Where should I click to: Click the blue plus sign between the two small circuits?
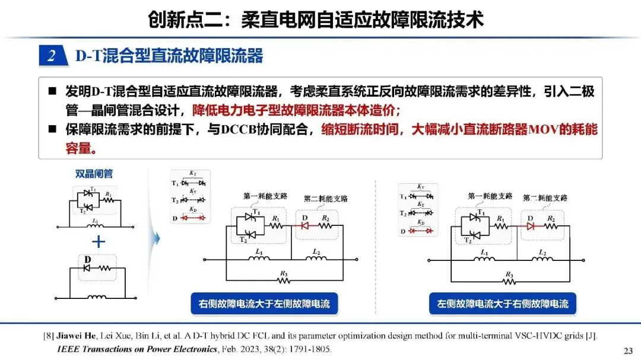(99, 241)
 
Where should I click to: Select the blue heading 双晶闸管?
(94, 174)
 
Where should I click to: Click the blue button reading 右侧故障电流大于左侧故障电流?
(264, 304)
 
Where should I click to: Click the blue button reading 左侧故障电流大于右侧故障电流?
(503, 304)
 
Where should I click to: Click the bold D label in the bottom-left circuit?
(87, 259)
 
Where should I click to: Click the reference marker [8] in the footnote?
(49, 336)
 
